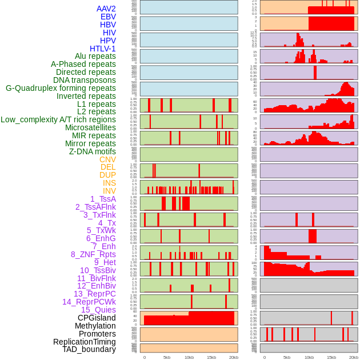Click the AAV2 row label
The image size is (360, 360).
[106, 9]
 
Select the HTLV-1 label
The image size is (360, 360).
[102, 49]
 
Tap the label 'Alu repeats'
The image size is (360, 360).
[95, 57]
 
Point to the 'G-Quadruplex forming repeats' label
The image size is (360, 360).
[61, 88]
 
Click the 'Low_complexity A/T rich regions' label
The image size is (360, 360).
[58, 119]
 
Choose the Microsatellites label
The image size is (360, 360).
[90, 127]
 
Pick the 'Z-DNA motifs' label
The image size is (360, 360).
[93, 151]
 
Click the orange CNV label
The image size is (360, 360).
[107, 159]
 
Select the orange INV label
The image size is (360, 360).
[109, 191]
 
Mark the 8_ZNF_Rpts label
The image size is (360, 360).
[93, 254]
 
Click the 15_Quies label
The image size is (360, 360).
[98, 310]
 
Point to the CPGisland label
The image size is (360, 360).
[97, 318]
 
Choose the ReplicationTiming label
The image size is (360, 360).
[85, 342]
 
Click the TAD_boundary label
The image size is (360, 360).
[89, 349]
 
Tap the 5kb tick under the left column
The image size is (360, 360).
[167, 357]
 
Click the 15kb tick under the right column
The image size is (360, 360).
[331, 357]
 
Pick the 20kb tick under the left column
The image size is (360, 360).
[234, 357]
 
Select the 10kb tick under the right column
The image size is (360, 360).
[309, 357]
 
